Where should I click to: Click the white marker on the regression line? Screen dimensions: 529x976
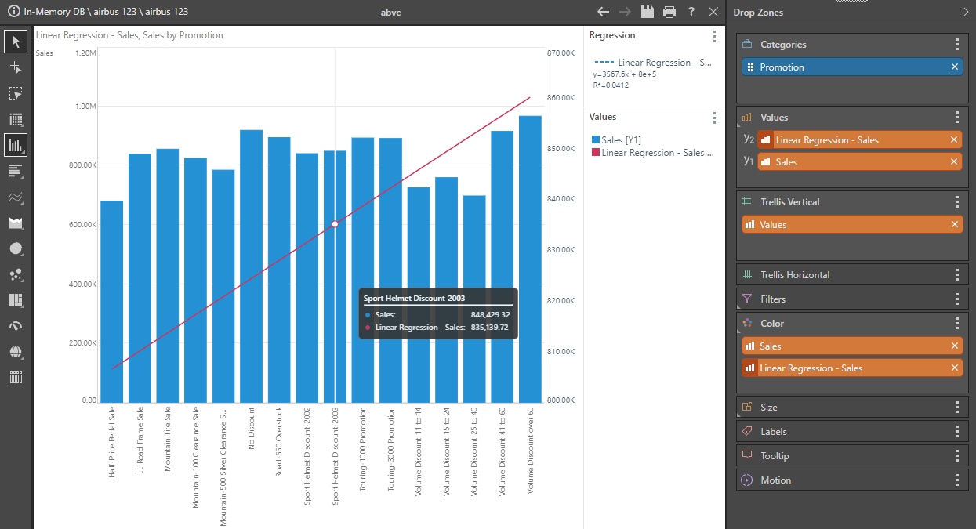335,224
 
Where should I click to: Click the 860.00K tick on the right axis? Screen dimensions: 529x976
561,98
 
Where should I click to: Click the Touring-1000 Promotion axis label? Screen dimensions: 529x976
363,449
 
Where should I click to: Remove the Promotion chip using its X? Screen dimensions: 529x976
955,67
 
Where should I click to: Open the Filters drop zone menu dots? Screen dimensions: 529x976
957,299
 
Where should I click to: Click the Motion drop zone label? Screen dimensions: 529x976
776,480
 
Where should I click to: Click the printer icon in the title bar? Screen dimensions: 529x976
669,12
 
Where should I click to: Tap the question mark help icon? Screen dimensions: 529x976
691,12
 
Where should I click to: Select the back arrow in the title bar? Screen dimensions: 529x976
603,12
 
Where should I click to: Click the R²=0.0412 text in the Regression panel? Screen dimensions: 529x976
611,85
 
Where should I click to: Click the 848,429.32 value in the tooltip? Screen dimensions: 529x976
489,314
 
